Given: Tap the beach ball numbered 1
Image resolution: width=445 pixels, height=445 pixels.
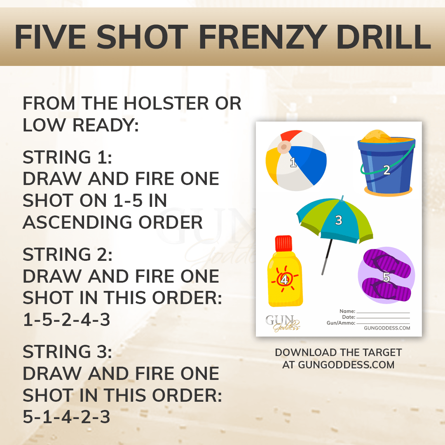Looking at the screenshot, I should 296,161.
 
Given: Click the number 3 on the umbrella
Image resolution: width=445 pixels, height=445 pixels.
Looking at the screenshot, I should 338,220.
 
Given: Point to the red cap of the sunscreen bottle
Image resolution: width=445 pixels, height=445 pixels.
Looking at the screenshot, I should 284,244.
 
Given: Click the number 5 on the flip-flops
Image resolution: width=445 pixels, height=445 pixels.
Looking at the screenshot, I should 386,277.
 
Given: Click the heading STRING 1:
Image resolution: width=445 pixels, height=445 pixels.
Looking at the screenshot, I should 67,157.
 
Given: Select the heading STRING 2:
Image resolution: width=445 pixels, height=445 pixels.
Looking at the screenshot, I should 67,255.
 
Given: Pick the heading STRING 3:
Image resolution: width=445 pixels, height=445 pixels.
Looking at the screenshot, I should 67,352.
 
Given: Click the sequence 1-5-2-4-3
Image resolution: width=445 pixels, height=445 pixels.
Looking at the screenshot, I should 66,320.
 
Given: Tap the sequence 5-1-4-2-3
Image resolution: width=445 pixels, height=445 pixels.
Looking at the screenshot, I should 66,417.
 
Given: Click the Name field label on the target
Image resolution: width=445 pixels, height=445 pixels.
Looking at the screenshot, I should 347,311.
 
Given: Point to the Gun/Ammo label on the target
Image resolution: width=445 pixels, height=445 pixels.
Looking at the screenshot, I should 340,323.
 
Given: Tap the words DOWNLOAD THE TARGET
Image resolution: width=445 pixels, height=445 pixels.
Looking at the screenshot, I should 338,353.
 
